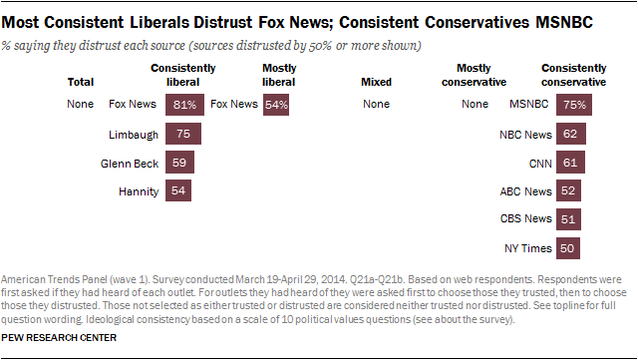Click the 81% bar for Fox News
point(185,104)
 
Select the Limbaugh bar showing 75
point(183,133)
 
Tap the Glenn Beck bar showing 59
point(179,162)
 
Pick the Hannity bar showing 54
point(178,189)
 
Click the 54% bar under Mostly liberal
point(277,104)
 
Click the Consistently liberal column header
point(177,75)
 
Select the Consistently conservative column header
point(575,75)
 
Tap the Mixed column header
point(376,81)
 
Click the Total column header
point(81,81)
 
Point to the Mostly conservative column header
point(474,75)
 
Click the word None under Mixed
point(377,104)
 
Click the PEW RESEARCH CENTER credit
point(60,338)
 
